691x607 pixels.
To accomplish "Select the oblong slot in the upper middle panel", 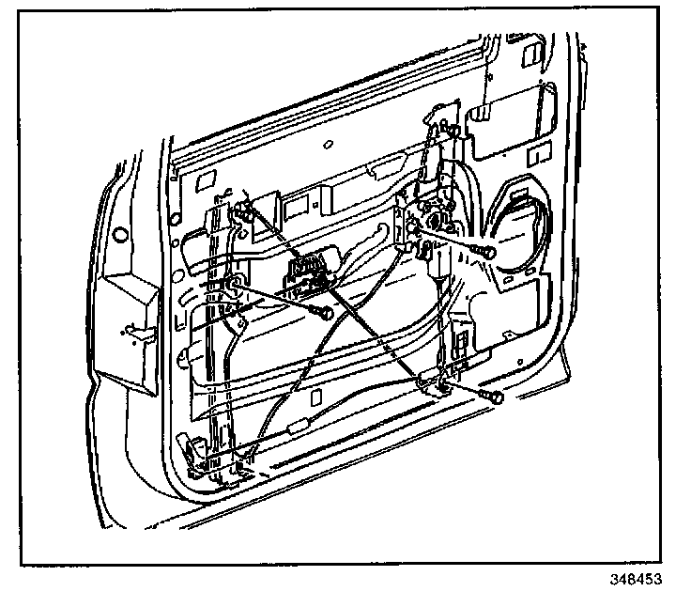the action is coord(383,169).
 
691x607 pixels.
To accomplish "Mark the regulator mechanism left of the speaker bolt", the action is coord(430,226).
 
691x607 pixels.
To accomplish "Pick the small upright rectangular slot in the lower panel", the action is coord(463,336).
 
